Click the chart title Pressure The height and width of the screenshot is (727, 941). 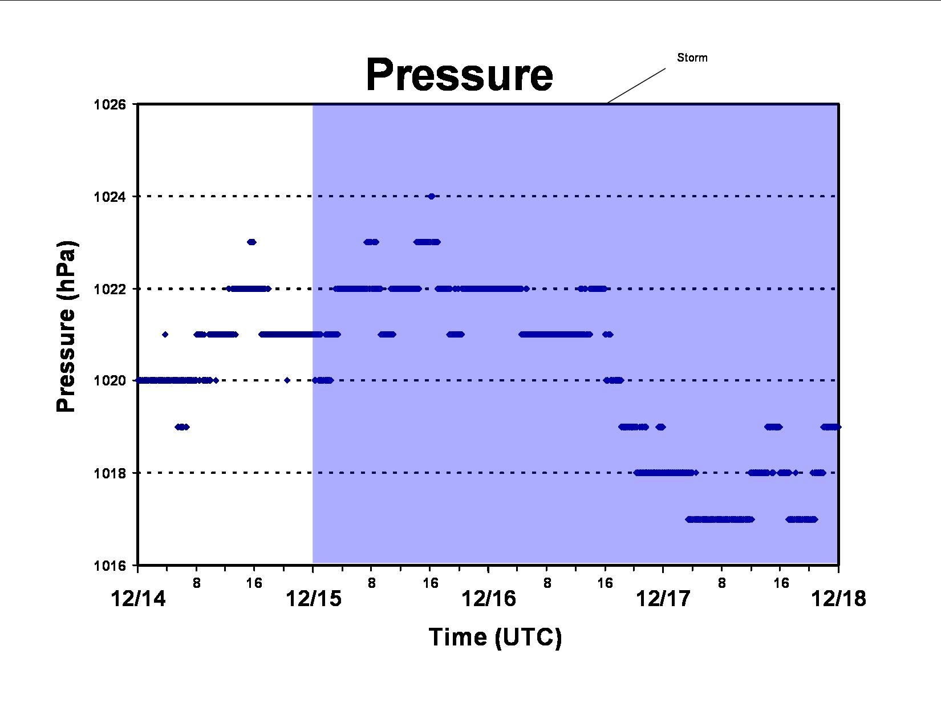pyautogui.click(x=460, y=75)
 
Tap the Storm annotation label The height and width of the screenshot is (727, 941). pyautogui.click(x=692, y=58)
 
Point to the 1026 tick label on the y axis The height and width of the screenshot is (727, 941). pyautogui.click(x=109, y=104)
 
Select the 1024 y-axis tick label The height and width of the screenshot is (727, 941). pyautogui.click(x=109, y=197)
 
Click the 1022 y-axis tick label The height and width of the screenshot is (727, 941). pyautogui.click(x=109, y=289)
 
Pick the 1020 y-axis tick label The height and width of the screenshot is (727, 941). pyautogui.click(x=109, y=380)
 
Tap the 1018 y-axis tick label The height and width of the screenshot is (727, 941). pyautogui.click(x=109, y=473)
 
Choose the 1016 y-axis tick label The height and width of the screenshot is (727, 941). pyautogui.click(x=109, y=566)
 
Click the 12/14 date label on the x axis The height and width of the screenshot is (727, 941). pyautogui.click(x=138, y=599)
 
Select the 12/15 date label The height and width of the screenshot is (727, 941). pyautogui.click(x=314, y=599)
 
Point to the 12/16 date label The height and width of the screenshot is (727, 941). pyautogui.click(x=489, y=599)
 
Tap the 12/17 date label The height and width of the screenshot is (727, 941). pyautogui.click(x=663, y=599)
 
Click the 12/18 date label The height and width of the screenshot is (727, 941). pyautogui.click(x=838, y=599)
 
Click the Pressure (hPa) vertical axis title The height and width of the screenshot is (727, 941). pyautogui.click(x=66, y=326)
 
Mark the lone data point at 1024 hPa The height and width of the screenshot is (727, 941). pyautogui.click(x=431, y=197)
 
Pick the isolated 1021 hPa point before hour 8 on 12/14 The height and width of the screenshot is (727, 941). pyautogui.click(x=165, y=334)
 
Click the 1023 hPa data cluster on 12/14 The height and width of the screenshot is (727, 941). pyautogui.click(x=252, y=242)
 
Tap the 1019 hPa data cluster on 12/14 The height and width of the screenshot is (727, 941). pyautogui.click(x=182, y=427)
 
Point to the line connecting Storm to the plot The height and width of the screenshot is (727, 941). pyautogui.click(x=636, y=86)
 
